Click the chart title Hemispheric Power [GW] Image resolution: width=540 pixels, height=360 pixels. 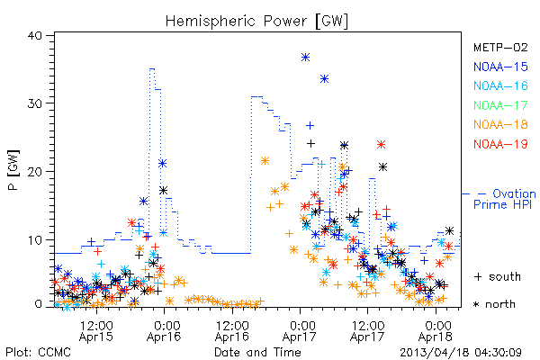[256, 22]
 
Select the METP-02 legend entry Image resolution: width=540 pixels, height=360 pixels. [500, 47]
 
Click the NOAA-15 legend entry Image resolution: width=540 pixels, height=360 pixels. [500, 67]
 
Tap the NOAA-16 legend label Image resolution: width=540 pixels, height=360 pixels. [500, 85]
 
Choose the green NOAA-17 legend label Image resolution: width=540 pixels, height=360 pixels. [500, 105]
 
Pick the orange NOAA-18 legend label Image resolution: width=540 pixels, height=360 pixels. [500, 124]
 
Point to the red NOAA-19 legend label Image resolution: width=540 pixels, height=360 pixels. [500, 144]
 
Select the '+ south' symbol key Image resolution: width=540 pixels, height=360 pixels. [498, 276]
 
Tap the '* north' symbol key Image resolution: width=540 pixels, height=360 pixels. [494, 304]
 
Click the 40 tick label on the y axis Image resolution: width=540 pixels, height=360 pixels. [35, 36]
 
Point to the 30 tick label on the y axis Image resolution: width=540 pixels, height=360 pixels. [35, 103]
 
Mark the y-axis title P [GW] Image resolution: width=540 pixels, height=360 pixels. [13, 170]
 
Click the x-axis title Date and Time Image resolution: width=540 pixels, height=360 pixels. [257, 353]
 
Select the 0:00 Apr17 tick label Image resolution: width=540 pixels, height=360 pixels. [300, 331]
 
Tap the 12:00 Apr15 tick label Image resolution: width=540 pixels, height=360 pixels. [96, 331]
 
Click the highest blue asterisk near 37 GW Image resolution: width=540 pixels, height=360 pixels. [305, 58]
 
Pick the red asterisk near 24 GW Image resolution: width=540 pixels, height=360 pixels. [381, 144]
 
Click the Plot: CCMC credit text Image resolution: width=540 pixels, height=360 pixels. [38, 353]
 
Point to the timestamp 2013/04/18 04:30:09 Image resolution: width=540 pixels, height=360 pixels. [461, 353]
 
